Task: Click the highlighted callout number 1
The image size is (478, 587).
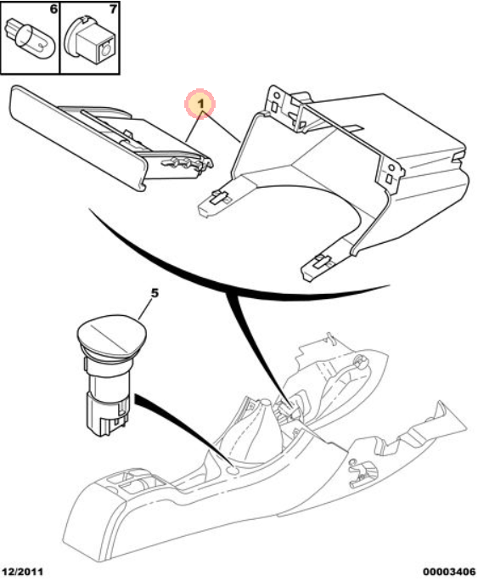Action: tap(201, 104)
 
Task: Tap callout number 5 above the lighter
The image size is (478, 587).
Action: tap(155, 293)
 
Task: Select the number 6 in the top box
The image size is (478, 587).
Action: tap(53, 9)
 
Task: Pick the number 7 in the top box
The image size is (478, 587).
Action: tap(113, 9)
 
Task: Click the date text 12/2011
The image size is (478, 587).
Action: tap(23, 572)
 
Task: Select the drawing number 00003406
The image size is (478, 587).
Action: tap(449, 572)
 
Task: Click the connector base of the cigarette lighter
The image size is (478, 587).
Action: tap(109, 414)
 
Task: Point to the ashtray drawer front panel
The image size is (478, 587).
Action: tap(76, 138)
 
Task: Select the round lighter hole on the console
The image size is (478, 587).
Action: tap(233, 470)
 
